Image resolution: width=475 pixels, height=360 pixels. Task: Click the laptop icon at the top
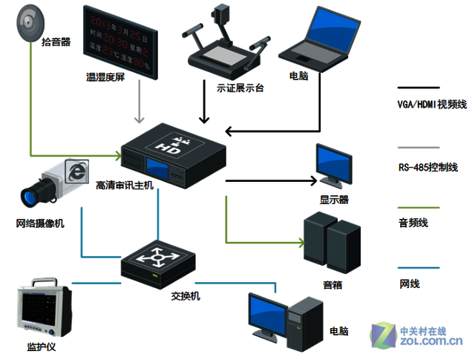coord(317,39)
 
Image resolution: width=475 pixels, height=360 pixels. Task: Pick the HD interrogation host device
coord(173,151)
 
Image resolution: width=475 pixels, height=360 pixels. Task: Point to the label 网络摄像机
coord(41,223)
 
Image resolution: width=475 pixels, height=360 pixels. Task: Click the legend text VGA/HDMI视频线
coord(431,105)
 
